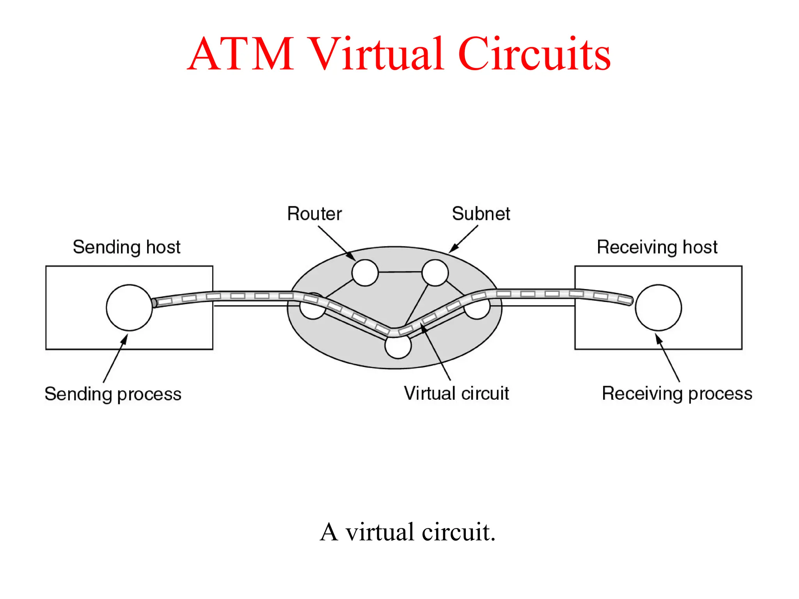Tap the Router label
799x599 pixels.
(x=314, y=214)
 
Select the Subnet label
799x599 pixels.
(x=481, y=214)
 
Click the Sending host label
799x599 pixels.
(x=126, y=247)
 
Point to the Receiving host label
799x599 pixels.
(x=657, y=247)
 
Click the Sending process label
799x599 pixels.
(x=113, y=394)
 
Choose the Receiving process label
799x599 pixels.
(x=677, y=393)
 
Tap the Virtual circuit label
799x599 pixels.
(x=456, y=393)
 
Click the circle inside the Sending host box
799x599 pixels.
(x=129, y=308)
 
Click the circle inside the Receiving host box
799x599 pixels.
(x=658, y=308)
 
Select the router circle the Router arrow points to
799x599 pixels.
(x=365, y=273)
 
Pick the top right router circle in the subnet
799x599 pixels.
(x=435, y=273)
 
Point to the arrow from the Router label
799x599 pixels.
(x=336, y=242)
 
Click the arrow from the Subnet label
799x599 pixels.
(x=464, y=239)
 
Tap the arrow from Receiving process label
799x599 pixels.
(x=668, y=358)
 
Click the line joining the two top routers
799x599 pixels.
(x=400, y=272)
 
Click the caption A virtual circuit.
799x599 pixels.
(x=407, y=532)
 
